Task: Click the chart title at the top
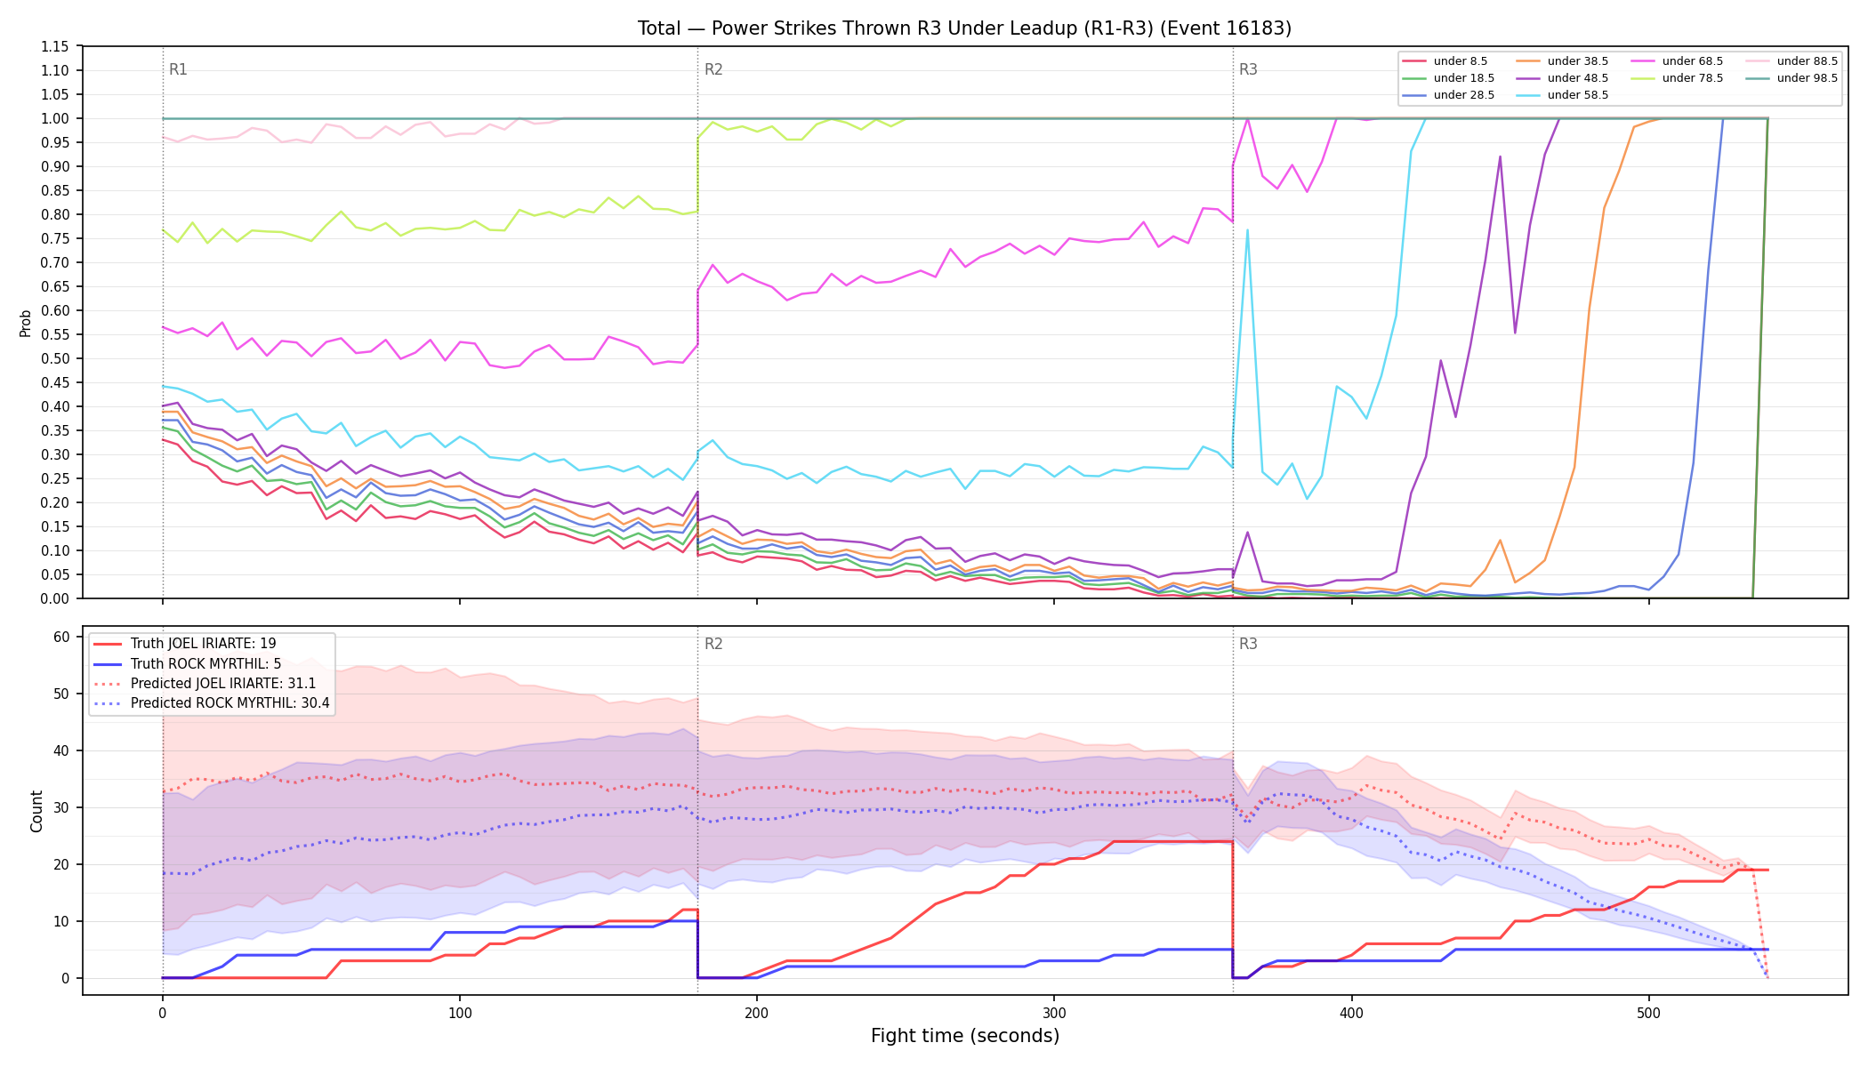[x=964, y=28]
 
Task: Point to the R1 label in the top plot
[x=178, y=69]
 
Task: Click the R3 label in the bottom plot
[x=1248, y=644]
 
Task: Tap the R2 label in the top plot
[x=713, y=69]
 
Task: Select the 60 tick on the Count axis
[x=61, y=637]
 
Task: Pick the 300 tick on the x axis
[x=1054, y=1013]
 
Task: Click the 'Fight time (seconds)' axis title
[x=965, y=1036]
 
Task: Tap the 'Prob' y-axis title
[x=26, y=323]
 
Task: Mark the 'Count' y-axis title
[x=36, y=811]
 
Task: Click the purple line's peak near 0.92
[x=1500, y=157]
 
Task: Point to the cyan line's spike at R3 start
[x=1247, y=230]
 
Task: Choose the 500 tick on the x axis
[x=1648, y=1013]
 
